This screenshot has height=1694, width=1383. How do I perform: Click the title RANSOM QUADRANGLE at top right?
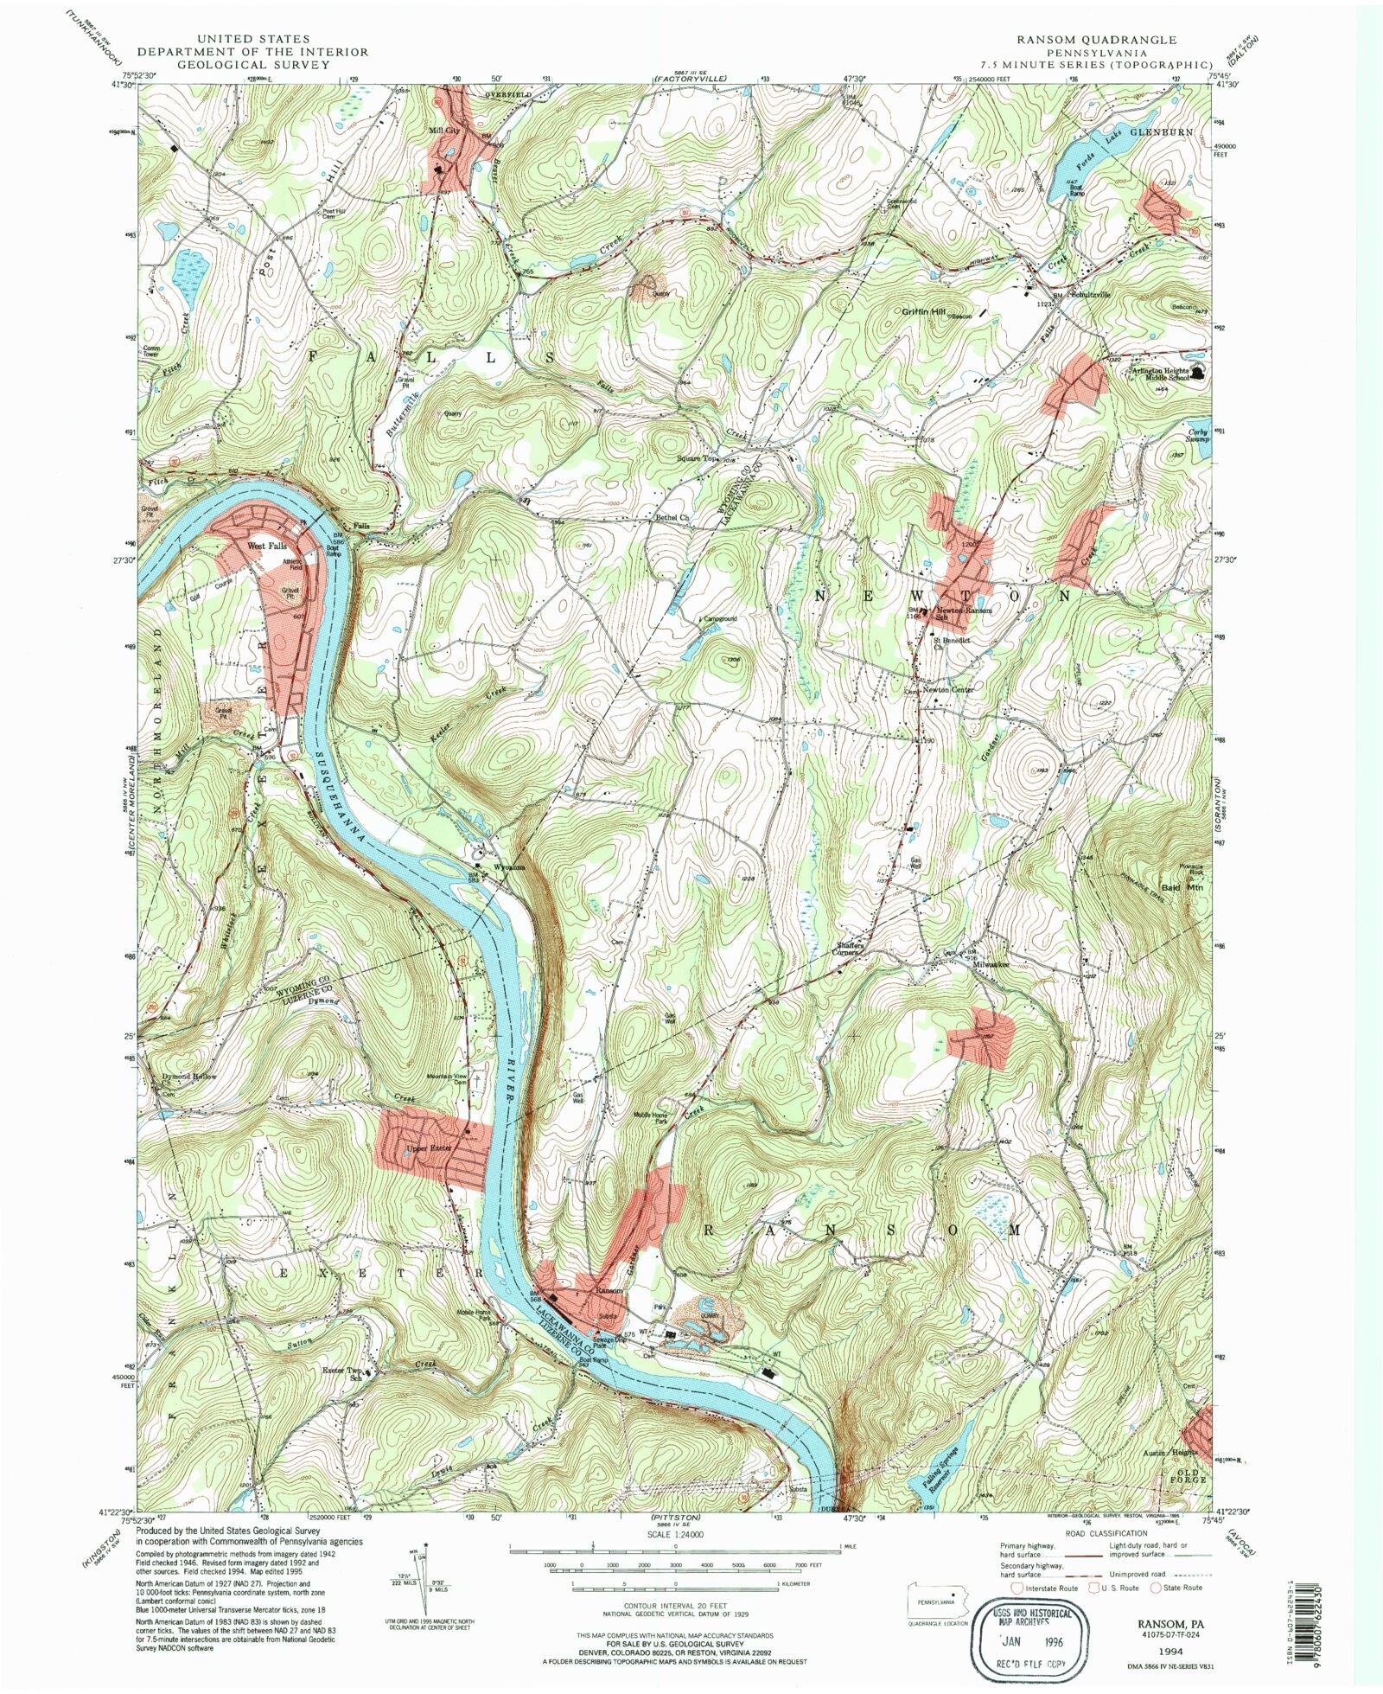click(x=1096, y=40)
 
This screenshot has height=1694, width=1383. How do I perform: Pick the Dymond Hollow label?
click(x=189, y=1077)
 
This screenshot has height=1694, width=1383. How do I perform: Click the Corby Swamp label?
click(x=1198, y=436)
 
